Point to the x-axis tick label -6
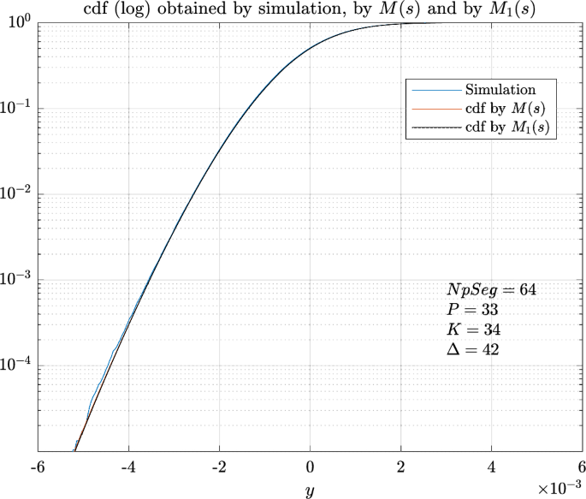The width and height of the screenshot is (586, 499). (38, 467)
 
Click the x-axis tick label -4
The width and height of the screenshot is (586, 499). (127, 467)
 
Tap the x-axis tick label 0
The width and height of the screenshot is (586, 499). (311, 467)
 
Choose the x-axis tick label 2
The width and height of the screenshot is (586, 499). (401, 467)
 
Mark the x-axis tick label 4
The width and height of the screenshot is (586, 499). (492, 467)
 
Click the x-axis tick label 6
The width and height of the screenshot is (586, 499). (582, 467)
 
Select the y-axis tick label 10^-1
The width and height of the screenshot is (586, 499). (15, 108)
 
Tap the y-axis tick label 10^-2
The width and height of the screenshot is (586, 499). (15, 194)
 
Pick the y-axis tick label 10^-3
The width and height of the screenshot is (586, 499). (15, 280)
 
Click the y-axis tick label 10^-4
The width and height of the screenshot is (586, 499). (15, 365)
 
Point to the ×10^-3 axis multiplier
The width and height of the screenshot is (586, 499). (559, 487)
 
